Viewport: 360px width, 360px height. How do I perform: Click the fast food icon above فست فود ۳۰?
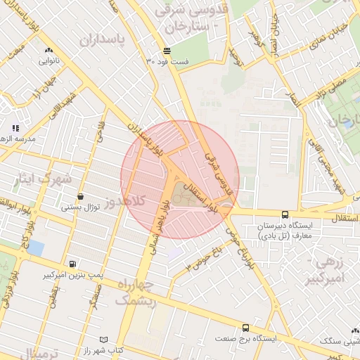coord(167,51)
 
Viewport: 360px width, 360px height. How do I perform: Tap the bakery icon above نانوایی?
coord(49,51)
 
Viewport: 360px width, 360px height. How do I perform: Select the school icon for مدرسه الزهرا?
coord(15,128)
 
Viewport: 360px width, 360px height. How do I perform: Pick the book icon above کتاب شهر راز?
coord(105,340)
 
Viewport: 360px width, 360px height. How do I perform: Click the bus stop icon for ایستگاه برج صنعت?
coord(245,328)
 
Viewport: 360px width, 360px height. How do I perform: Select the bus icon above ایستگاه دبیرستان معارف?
coord(285,215)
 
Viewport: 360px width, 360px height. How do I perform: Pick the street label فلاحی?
coord(100,129)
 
